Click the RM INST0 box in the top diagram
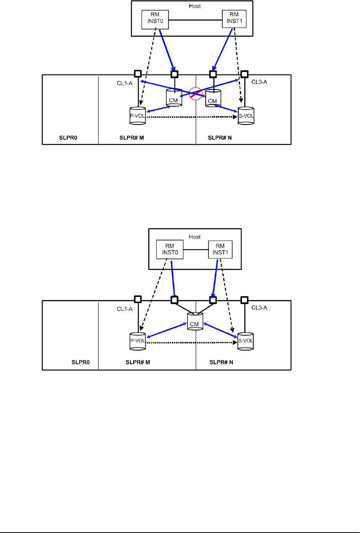pyautogui.click(x=155, y=18)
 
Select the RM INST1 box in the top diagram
pyautogui.click(x=234, y=18)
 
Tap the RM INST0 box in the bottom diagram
pyautogui.click(x=170, y=249)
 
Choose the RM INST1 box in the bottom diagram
pyautogui.click(x=220, y=249)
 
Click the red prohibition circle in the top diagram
pyautogui.click(x=196, y=93)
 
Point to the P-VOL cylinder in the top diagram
pyautogui.click(x=138, y=116)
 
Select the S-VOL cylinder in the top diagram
pyautogui.click(x=246, y=116)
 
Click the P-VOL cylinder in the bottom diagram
pyautogui.click(x=138, y=341)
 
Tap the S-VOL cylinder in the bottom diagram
pyautogui.click(x=246, y=341)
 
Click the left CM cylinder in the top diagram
pyautogui.click(x=174, y=98)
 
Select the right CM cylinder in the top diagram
pyautogui.click(x=213, y=98)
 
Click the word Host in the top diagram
pyautogui.click(x=195, y=6)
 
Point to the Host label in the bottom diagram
pyautogui.click(x=195, y=237)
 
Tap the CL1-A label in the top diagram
pyautogui.click(x=125, y=83)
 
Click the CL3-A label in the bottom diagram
pyautogui.click(x=259, y=308)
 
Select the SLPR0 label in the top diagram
pyautogui.click(x=68, y=138)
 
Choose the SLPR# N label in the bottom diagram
pyautogui.click(x=221, y=362)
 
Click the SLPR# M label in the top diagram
pyautogui.click(x=132, y=138)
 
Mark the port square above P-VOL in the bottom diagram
pyautogui.click(x=138, y=299)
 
